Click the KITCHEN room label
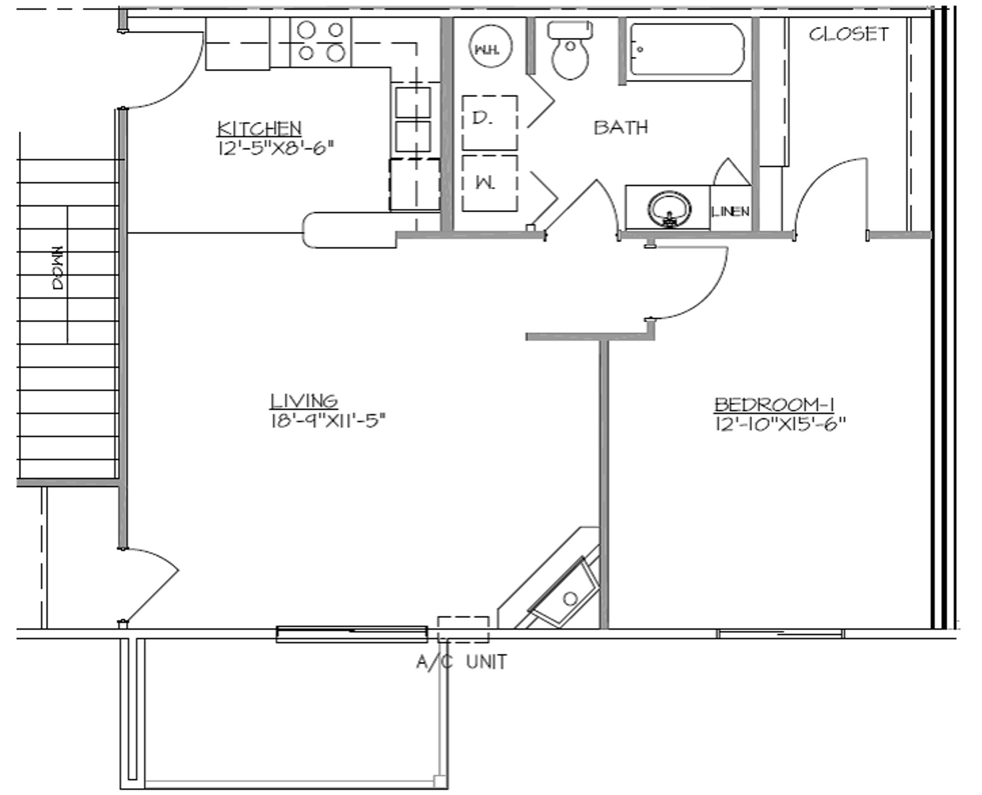click(x=259, y=128)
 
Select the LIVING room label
click(x=303, y=401)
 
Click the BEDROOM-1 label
click(x=774, y=405)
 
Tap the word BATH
click(x=621, y=127)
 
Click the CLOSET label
click(x=849, y=34)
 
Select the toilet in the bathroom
click(x=570, y=51)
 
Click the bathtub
click(x=686, y=50)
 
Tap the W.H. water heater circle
click(x=490, y=46)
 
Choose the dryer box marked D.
click(x=489, y=122)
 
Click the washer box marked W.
click(x=489, y=183)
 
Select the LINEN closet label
click(x=730, y=211)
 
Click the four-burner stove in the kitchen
click(x=321, y=42)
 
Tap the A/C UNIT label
click(x=461, y=662)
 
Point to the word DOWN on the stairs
click(x=59, y=268)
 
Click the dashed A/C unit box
click(x=463, y=629)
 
